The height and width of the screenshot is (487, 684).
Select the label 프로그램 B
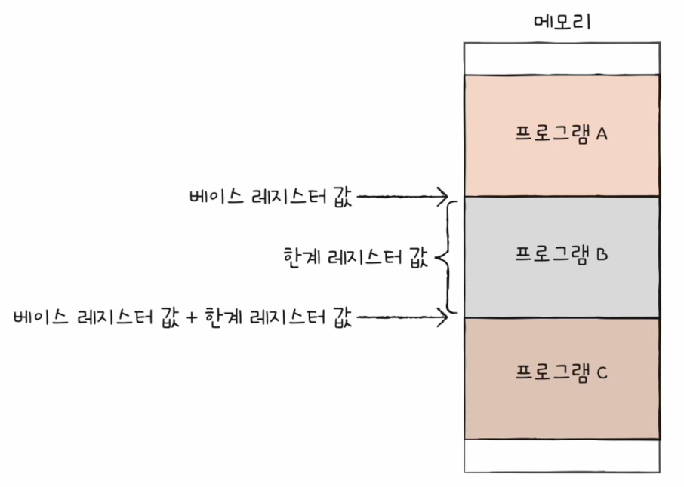click(x=562, y=254)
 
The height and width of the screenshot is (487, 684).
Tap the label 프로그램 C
click(x=562, y=373)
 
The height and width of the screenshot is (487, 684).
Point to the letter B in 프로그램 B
click(x=602, y=254)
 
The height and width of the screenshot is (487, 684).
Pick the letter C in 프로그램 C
click(x=602, y=373)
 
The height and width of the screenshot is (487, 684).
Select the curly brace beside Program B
click(x=447, y=257)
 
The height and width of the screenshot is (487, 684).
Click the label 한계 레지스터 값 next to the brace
click(x=352, y=258)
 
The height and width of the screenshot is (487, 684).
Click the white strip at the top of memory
click(x=562, y=58)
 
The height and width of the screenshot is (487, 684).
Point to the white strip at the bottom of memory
click(x=562, y=455)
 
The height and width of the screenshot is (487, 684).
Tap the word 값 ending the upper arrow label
click(x=342, y=198)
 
